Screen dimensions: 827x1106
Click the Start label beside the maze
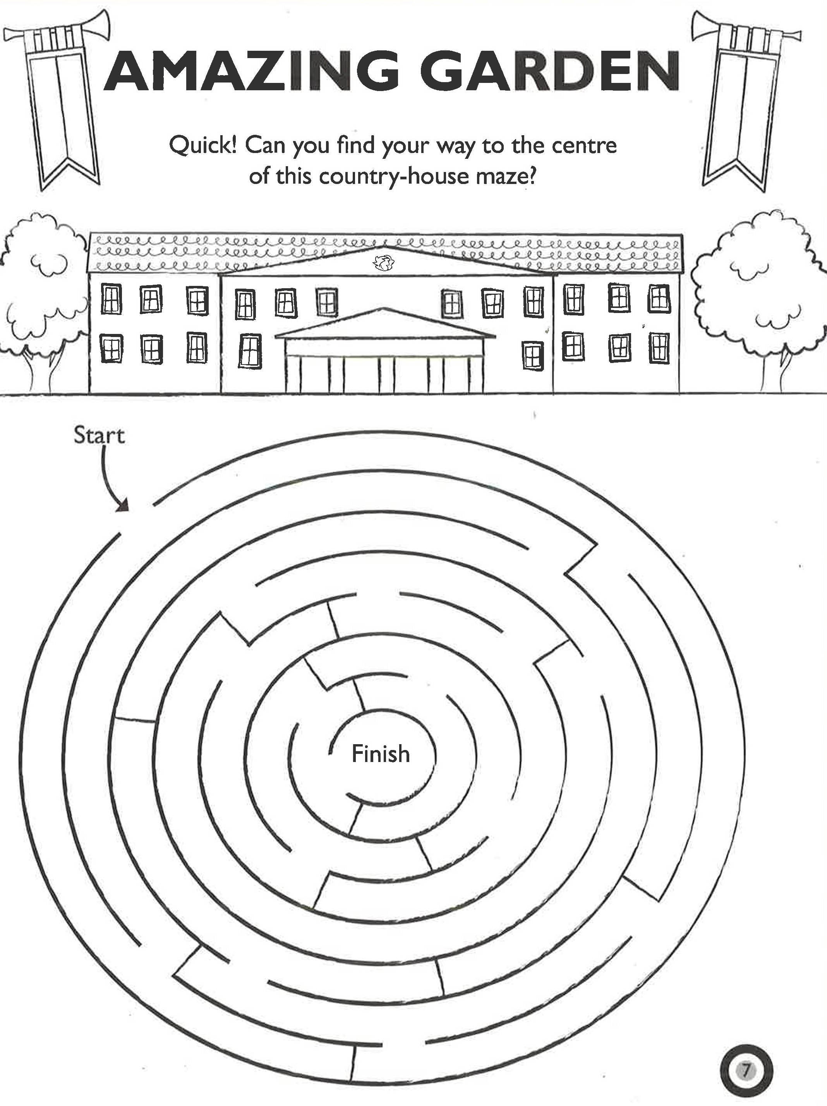[x=99, y=435]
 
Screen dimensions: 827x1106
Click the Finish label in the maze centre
[x=381, y=753]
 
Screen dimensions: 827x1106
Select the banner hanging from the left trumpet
[x=62, y=120]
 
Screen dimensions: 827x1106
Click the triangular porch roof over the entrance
[x=385, y=325]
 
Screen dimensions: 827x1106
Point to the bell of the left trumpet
[x=14, y=35]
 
